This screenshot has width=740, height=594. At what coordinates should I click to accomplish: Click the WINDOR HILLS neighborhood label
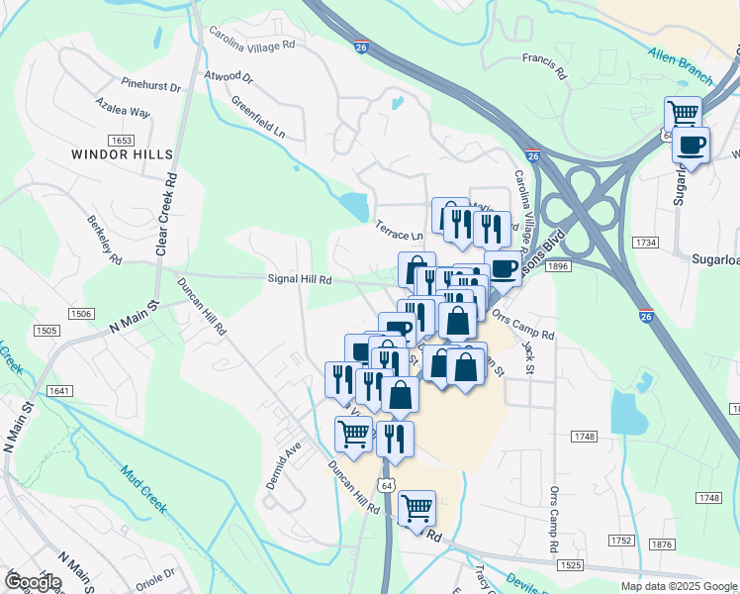122,154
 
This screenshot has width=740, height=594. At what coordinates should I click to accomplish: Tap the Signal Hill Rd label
300,279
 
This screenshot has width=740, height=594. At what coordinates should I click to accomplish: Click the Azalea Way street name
123,107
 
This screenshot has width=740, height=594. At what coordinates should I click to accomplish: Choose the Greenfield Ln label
257,117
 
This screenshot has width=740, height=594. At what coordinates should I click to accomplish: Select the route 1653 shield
122,141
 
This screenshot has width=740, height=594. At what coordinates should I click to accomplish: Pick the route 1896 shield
557,266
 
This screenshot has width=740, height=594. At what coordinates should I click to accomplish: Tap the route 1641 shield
58,391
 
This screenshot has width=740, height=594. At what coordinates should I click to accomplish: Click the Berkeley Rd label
104,240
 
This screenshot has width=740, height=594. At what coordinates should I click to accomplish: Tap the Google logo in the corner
33,581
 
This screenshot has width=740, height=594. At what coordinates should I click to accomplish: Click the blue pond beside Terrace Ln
353,207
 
